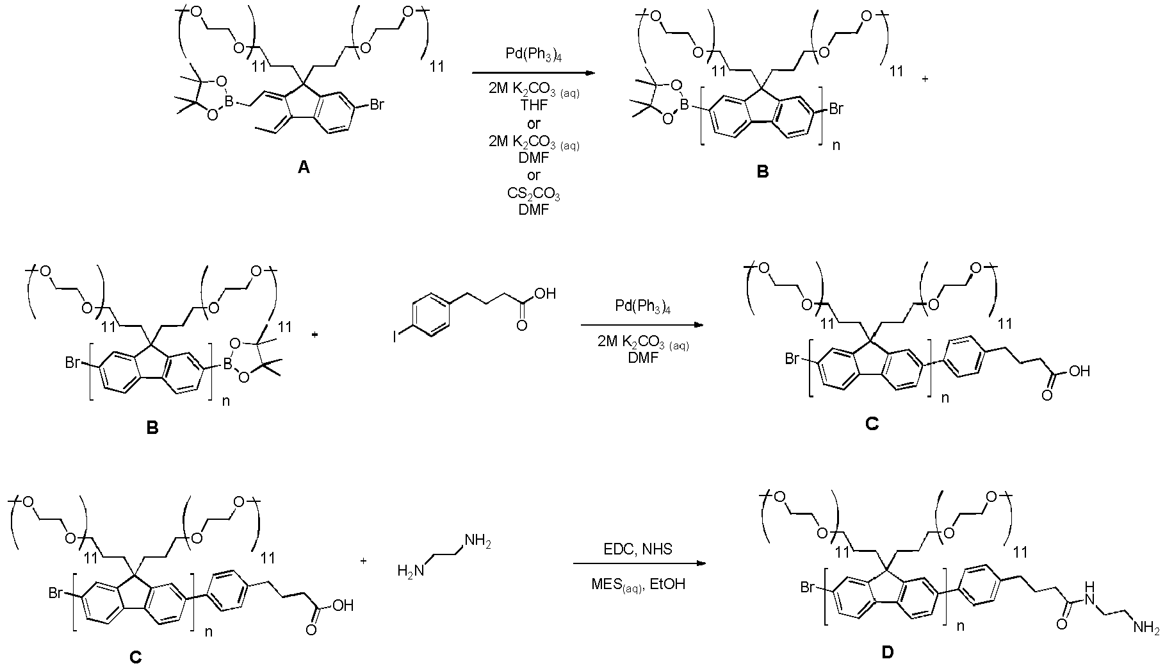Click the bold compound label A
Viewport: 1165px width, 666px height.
pyautogui.click(x=304, y=168)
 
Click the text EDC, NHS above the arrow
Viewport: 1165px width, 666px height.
pyautogui.click(x=638, y=549)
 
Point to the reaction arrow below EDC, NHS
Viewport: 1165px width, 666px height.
pyautogui.click(x=639, y=564)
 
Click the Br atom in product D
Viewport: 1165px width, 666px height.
pyautogui.click(x=808, y=587)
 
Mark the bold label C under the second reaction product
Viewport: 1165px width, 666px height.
pyautogui.click(x=872, y=424)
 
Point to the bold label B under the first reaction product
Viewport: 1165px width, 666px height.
pyautogui.click(x=762, y=172)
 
